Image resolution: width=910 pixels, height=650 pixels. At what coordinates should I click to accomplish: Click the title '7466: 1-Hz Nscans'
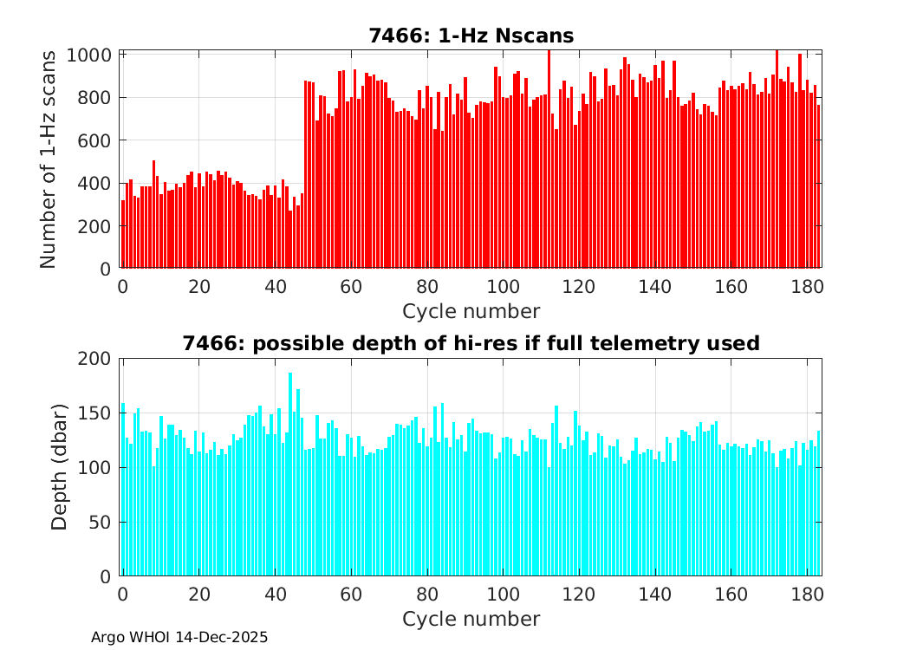point(471,36)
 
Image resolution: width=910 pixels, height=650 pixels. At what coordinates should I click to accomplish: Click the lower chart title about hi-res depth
point(471,343)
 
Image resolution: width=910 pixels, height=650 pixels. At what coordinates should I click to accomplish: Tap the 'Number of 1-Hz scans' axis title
point(49,159)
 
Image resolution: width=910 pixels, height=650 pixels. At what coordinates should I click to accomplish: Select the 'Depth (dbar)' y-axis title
point(60,467)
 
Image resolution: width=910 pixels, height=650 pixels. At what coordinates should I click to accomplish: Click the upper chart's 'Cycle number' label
point(471,311)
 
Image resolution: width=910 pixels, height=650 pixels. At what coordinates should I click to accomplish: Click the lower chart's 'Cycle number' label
point(471,619)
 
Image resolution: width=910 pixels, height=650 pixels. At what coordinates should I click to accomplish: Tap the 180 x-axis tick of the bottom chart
point(808,595)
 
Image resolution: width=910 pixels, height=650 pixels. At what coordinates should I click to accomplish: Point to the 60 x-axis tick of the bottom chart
point(351,595)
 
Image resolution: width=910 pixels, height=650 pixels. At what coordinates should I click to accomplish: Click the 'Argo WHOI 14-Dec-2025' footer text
point(179,637)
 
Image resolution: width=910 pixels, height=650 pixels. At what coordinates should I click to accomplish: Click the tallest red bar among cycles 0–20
point(153,214)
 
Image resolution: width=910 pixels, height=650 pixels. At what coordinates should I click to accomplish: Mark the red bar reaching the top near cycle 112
point(549,159)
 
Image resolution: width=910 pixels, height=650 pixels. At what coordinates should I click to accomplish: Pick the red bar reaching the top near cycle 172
point(777,159)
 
